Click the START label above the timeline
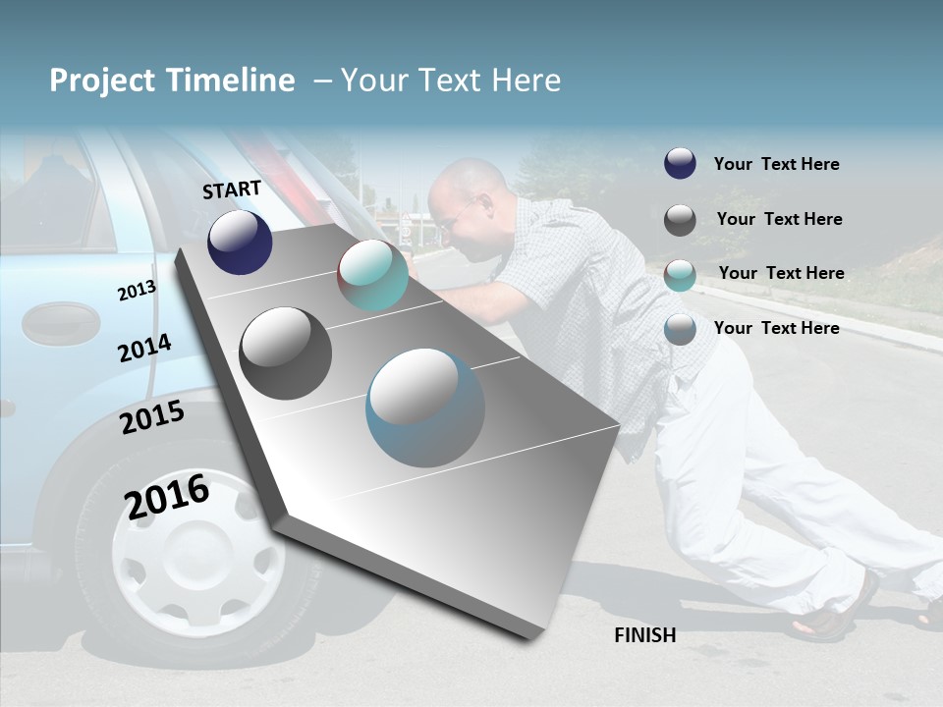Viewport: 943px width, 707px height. point(232,190)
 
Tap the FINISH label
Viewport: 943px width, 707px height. point(644,635)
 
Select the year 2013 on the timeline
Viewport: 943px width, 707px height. point(137,291)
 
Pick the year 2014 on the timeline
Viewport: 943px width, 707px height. point(144,349)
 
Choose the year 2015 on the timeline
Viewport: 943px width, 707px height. point(152,418)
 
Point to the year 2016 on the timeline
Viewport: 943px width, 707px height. point(167,496)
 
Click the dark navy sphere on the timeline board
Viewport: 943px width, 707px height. point(240,242)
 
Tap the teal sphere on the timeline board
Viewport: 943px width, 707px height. point(372,275)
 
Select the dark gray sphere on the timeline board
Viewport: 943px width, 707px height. point(285,353)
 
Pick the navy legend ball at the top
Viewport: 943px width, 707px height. point(680,164)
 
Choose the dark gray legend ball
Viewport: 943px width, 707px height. point(680,220)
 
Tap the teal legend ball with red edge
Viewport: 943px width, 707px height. point(680,275)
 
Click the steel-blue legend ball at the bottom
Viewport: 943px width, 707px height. point(680,329)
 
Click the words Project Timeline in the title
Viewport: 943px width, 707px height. point(172,81)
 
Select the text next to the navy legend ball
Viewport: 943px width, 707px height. point(776,164)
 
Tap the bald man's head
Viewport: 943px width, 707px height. point(462,196)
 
